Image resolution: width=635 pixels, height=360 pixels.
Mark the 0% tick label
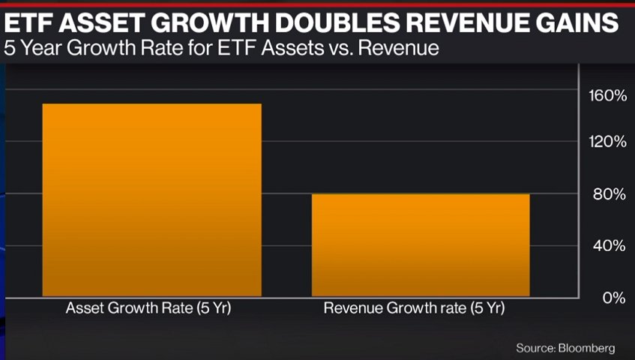pos(610,298)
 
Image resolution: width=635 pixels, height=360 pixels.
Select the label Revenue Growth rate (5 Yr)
pos(414,308)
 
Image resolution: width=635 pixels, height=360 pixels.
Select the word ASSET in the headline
pos(102,23)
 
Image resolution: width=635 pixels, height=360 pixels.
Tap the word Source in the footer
pos(532,348)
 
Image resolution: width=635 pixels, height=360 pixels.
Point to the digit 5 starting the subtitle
pos(9,50)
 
